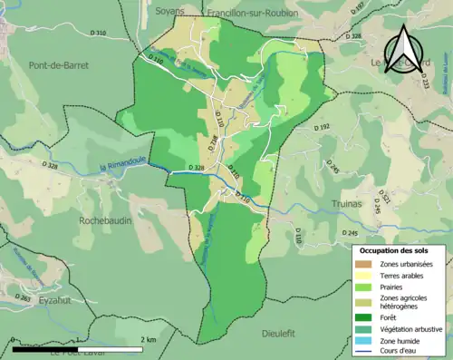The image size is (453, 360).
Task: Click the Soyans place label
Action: [169, 11]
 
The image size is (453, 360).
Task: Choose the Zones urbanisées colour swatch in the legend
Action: [366, 264]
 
